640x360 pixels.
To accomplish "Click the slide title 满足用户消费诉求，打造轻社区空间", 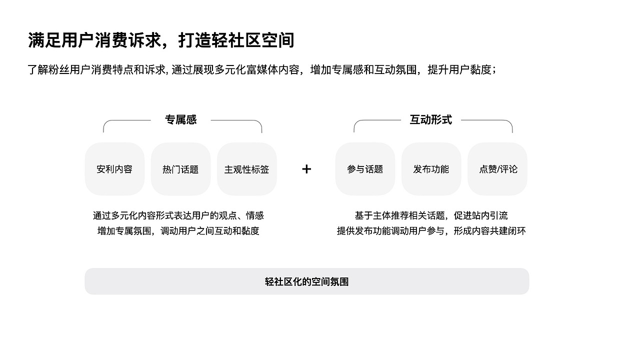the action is tap(161, 40).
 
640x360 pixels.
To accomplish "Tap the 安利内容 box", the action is tap(114, 169).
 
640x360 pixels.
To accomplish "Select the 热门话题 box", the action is tap(180, 169).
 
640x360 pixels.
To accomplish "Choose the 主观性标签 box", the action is tap(246, 169).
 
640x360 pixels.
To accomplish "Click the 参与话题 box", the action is tap(365, 169).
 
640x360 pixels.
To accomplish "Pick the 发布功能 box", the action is tap(431, 169).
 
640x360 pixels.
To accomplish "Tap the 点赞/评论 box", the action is tap(497, 169).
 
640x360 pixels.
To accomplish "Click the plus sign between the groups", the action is tap(306, 169).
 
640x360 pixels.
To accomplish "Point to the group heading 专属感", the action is tap(181, 120).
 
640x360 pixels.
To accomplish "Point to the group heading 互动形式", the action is tap(431, 120).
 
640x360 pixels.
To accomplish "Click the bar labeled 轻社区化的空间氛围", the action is tap(306, 281).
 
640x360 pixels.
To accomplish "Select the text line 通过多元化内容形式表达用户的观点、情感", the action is tap(178, 215).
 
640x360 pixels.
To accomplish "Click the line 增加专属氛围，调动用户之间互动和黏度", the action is tap(178, 231).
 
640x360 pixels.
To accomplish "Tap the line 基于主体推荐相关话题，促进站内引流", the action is tap(431, 215).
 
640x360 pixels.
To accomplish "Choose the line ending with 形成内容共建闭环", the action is tap(431, 231).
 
